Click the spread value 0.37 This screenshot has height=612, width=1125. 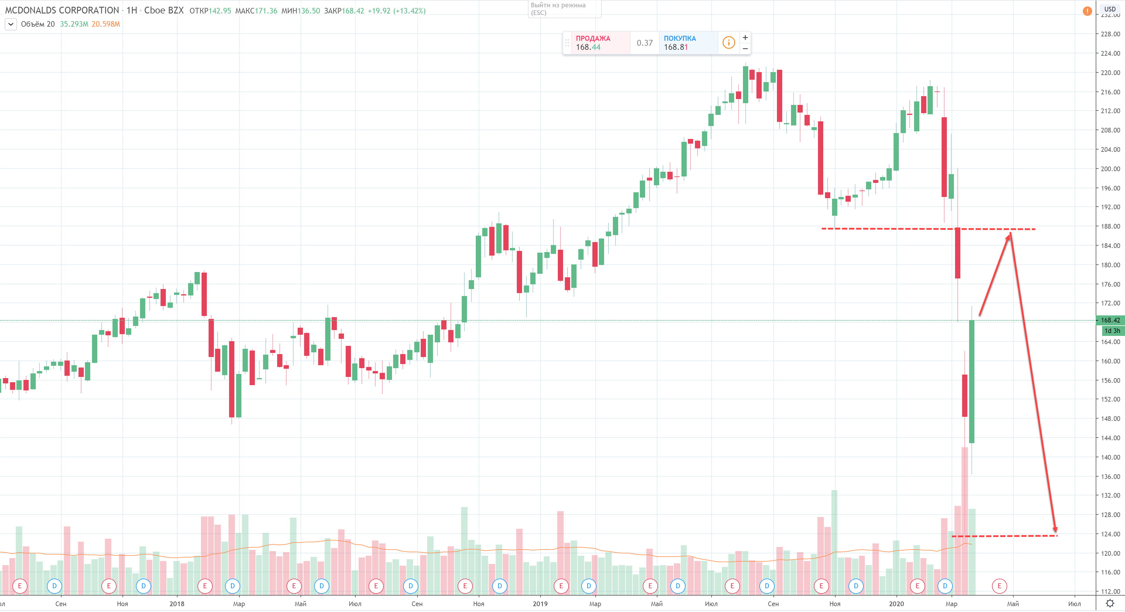pyautogui.click(x=644, y=43)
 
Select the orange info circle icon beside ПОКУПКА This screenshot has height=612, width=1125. pyautogui.click(x=728, y=42)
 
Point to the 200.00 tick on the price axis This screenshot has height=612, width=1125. pyautogui.click(x=1110, y=169)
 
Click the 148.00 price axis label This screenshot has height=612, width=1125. pyautogui.click(x=1110, y=419)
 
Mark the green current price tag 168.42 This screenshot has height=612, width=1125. pyautogui.click(x=1110, y=320)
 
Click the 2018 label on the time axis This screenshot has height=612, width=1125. pyautogui.click(x=177, y=604)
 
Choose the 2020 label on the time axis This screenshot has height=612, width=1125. pyautogui.click(x=896, y=604)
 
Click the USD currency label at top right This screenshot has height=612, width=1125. pyautogui.click(x=1110, y=9)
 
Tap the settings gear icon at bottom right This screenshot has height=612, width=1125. pyautogui.click(x=1110, y=604)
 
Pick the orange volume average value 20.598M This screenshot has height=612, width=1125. pyautogui.click(x=106, y=24)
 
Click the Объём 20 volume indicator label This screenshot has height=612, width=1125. pyautogui.click(x=37, y=24)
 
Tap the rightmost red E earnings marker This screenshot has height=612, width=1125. pyautogui.click(x=999, y=586)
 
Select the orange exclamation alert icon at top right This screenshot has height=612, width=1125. pyautogui.click(x=1087, y=11)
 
